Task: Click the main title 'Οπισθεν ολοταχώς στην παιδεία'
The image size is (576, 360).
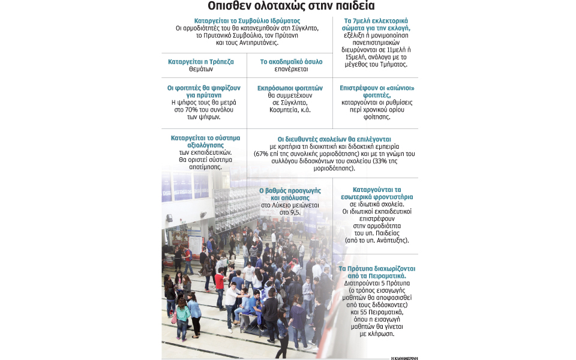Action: pos(291,7)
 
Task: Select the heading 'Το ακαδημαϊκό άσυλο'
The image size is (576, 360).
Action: pos(291,62)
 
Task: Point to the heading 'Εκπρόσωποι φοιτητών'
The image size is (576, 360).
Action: pos(290,88)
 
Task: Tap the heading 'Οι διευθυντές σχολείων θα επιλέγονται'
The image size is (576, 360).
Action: pos(334,138)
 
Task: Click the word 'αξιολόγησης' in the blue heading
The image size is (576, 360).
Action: pos(197,145)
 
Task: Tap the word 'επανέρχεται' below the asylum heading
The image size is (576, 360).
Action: pos(291,70)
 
